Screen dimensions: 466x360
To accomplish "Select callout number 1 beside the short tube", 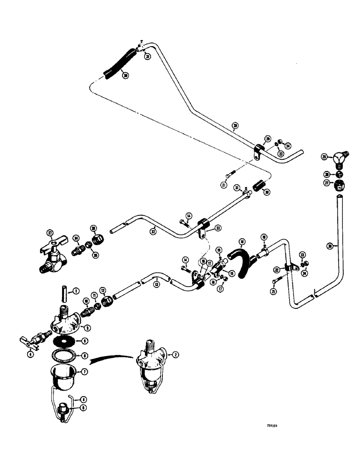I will click(74, 292).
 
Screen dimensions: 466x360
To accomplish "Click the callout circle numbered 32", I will click(152, 230).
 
